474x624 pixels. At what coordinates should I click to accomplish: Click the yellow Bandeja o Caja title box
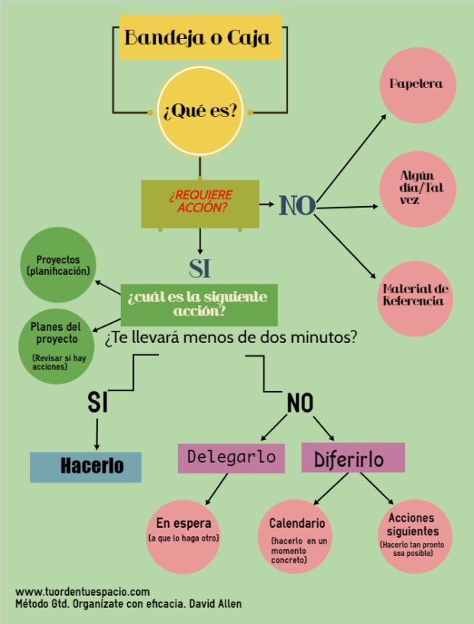pyautogui.click(x=200, y=37)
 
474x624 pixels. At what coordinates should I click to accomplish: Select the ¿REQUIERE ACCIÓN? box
pyautogui.click(x=200, y=203)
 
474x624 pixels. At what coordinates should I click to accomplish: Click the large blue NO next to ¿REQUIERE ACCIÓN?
pyautogui.click(x=297, y=205)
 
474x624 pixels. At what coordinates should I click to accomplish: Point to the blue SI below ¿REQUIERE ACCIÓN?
pyautogui.click(x=200, y=268)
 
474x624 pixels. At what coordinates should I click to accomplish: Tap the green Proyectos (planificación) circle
pyautogui.click(x=57, y=265)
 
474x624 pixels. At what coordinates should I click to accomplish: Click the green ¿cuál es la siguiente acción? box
pyautogui.click(x=199, y=304)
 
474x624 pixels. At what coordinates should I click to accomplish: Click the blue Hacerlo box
pyautogui.click(x=86, y=466)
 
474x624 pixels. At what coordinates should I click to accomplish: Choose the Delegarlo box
pyautogui.click(x=231, y=457)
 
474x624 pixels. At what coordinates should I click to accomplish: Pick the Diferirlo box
pyautogui.click(x=353, y=457)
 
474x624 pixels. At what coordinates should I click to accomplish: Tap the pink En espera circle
pyautogui.click(x=183, y=530)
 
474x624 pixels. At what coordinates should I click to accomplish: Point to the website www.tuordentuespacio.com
pyautogui.click(x=82, y=592)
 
